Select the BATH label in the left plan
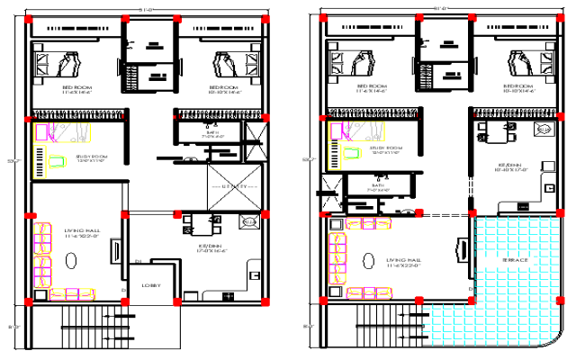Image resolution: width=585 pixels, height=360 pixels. pyautogui.click(x=211, y=133)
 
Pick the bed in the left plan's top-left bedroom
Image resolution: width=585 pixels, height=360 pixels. pyautogui.click(x=60, y=65)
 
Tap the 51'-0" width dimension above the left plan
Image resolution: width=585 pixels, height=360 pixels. pyautogui.click(x=148, y=6)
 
